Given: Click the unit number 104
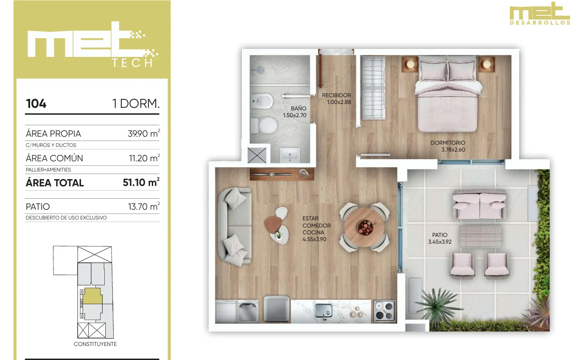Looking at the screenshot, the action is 36,104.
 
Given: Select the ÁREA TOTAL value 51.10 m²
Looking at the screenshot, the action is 141,182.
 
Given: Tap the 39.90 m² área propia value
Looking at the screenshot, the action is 144,133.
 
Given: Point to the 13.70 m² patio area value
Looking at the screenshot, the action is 144,206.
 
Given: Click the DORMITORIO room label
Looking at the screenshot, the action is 448,143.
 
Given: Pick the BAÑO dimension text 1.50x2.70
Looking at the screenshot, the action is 295,115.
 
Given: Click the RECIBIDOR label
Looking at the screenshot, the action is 336,96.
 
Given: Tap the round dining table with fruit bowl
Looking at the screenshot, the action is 364,227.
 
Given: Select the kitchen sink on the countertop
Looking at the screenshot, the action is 323,311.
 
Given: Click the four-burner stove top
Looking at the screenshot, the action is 385,311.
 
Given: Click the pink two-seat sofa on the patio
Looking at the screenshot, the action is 480,205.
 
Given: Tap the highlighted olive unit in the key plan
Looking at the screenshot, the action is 92,296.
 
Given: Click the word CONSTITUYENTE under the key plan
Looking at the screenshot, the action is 95,344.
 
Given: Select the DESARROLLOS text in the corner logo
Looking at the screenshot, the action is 540,23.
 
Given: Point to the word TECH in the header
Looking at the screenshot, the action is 132,63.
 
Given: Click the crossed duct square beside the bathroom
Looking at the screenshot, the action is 257,155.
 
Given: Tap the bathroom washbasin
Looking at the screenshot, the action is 290,155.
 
